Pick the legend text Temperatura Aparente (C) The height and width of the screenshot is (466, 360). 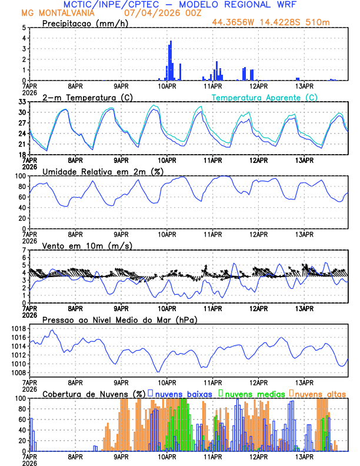point(265,97)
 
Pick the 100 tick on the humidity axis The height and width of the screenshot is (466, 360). point(21,176)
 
